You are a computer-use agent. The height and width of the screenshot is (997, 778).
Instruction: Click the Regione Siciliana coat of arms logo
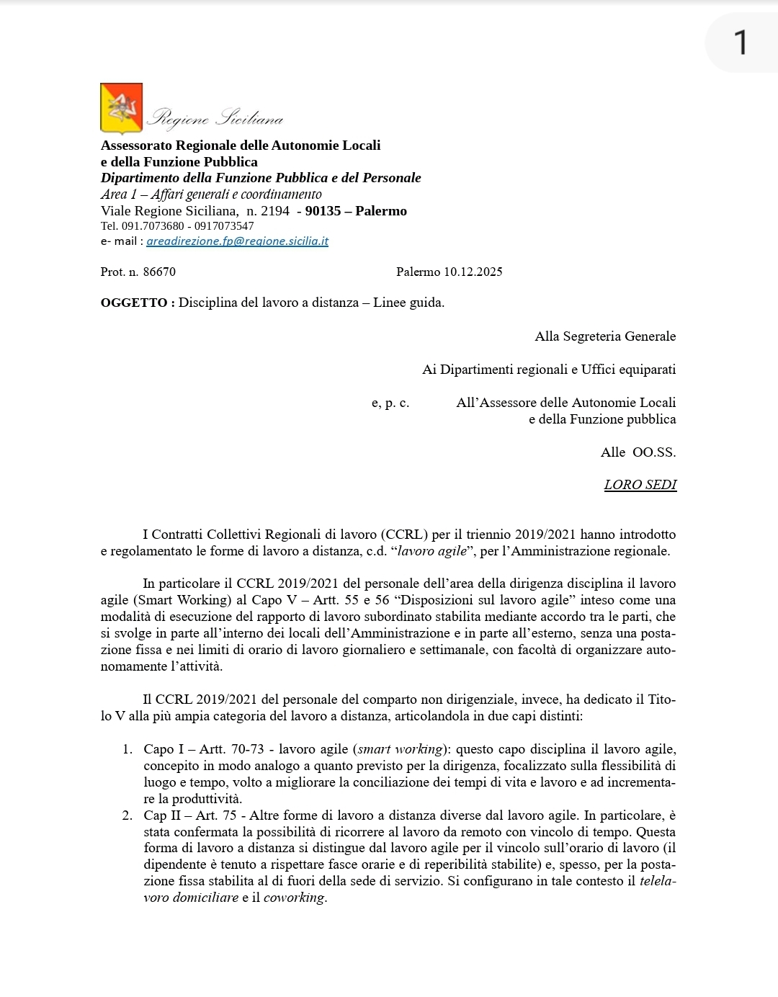click(121, 109)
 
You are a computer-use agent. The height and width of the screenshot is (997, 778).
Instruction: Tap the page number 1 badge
click(740, 43)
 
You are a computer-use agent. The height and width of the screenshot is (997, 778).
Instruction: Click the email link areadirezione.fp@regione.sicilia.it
click(237, 241)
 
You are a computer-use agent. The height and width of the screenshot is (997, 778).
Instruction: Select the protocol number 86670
click(159, 272)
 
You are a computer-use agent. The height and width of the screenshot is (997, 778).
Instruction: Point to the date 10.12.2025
click(473, 272)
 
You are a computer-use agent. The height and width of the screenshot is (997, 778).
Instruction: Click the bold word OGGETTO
click(134, 303)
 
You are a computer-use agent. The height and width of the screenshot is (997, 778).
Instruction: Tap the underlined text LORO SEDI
click(640, 485)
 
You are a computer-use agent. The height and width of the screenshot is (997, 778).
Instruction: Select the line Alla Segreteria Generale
click(604, 336)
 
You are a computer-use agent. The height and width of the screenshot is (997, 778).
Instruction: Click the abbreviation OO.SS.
click(654, 452)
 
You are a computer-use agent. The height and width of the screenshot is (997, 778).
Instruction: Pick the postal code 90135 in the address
click(322, 211)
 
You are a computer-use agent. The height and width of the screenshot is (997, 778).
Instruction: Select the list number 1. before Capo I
click(128, 749)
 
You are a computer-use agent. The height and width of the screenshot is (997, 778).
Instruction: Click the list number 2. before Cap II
click(128, 815)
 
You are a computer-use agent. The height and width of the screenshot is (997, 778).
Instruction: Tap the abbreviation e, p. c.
click(390, 403)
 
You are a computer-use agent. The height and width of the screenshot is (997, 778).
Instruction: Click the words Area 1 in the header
click(114, 195)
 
